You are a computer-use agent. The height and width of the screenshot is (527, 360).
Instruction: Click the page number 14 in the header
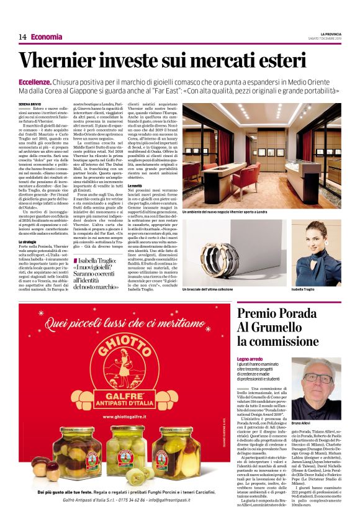22,37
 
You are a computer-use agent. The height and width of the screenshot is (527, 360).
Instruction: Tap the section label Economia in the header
47,37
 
